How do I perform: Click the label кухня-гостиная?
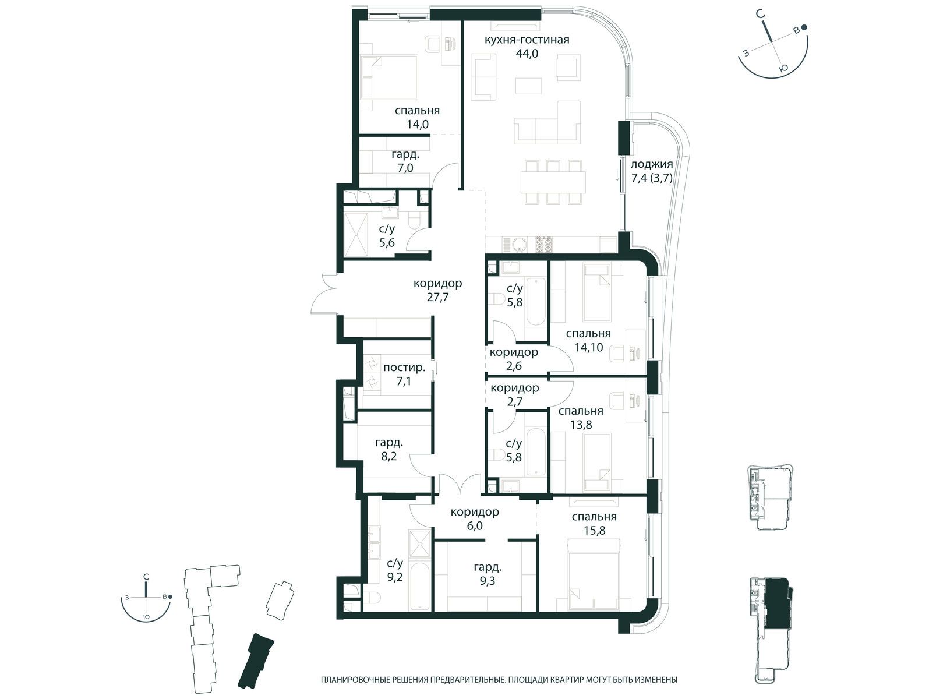coord(527,40)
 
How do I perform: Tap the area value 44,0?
coord(527,54)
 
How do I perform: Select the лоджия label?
coord(651,165)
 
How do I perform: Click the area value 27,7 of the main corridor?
coord(437,297)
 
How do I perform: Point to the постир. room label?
coord(404,368)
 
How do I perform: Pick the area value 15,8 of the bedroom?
coord(595,530)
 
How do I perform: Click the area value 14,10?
coord(589,347)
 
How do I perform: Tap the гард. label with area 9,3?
coord(488,567)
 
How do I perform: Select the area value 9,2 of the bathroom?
coord(394,576)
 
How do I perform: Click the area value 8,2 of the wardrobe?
coord(388,457)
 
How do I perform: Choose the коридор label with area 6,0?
coord(475,512)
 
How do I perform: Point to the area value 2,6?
coord(514,366)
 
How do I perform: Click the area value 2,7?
coord(514,401)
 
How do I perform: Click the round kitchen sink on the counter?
coord(518,245)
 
